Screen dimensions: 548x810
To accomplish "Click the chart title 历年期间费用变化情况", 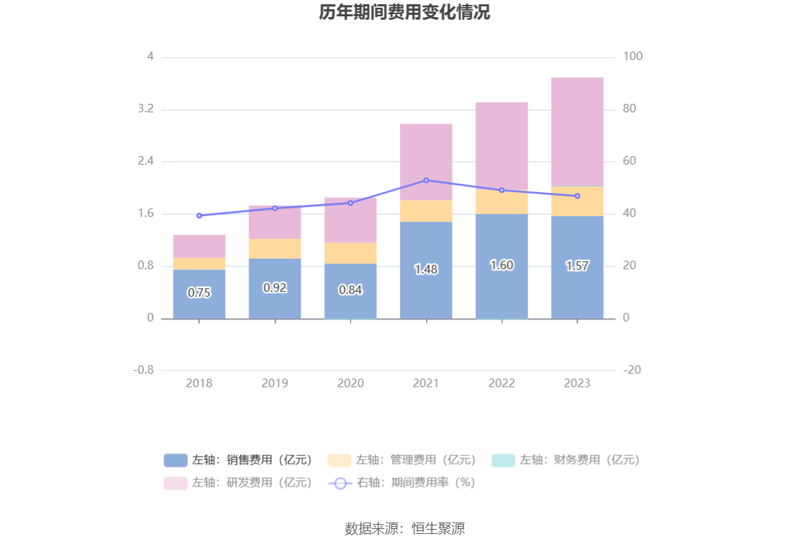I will pyautogui.click(x=404, y=13).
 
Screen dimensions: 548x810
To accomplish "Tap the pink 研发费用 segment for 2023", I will pyautogui.click(x=577, y=131).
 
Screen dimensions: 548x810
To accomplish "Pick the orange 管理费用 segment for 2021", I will pyautogui.click(x=426, y=210).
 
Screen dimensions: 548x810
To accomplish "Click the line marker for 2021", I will pyautogui.click(x=426, y=180).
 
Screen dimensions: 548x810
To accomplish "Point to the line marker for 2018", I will pyautogui.click(x=199, y=215).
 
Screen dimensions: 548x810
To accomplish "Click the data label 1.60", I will pyautogui.click(x=502, y=266).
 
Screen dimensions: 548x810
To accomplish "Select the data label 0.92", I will pyautogui.click(x=274, y=287).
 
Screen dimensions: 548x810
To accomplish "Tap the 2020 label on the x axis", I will pyautogui.click(x=351, y=383).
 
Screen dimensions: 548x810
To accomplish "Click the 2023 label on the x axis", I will pyautogui.click(x=577, y=383).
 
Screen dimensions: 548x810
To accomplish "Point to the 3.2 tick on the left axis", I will pyautogui.click(x=146, y=109).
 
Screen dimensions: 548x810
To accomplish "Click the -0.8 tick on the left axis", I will pyautogui.click(x=145, y=370).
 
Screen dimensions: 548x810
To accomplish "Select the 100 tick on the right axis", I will pyautogui.click(x=633, y=56).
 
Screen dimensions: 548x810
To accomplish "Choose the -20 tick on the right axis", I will pyautogui.click(x=632, y=370).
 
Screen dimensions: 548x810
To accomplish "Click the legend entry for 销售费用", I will pyautogui.click(x=238, y=460).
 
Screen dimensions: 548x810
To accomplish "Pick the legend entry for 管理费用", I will pyautogui.click(x=402, y=460).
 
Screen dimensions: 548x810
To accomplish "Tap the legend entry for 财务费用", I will pyautogui.click(x=566, y=460).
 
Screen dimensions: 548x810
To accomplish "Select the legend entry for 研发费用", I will pyautogui.click(x=238, y=482).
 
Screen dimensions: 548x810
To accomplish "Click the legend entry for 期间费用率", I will pyautogui.click(x=402, y=482).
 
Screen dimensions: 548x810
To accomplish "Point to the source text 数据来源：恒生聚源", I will pyautogui.click(x=404, y=528).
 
